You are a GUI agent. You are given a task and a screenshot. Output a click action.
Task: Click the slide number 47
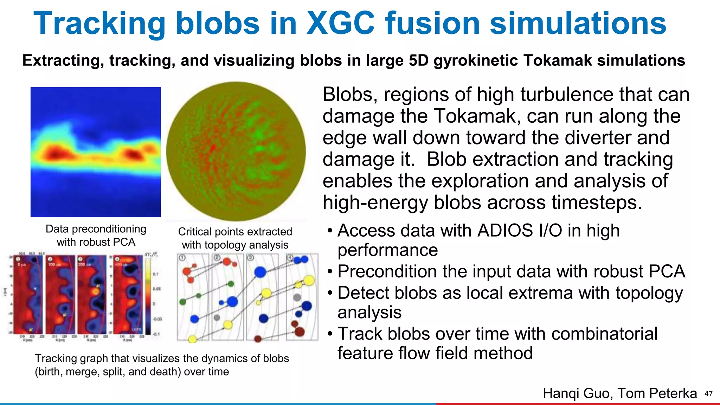tap(708, 394)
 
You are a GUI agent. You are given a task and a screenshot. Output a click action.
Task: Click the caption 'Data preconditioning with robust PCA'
tap(96, 235)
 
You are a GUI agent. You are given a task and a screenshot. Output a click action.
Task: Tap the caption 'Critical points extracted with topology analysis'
tap(235, 238)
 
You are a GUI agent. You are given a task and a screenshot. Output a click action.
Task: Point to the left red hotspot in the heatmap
tap(56, 154)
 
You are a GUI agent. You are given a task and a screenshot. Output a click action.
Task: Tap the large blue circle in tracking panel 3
tap(260, 272)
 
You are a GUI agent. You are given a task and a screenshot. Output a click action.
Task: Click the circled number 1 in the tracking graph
tap(182, 258)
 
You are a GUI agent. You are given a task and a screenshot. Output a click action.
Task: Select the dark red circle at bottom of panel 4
tap(300, 331)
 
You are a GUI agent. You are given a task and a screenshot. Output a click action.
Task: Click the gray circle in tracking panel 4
tap(297, 297)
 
